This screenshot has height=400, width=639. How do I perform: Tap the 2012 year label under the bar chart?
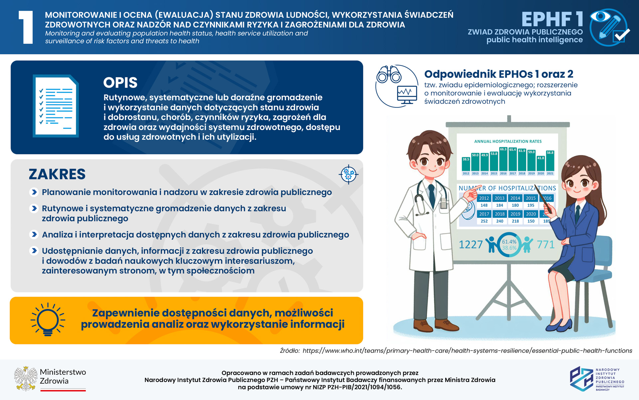click(466, 173)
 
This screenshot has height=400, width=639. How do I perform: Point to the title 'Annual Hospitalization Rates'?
click(508, 141)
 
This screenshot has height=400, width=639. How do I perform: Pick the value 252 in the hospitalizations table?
click(484, 221)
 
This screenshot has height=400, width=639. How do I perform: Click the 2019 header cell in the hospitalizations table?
click(515, 214)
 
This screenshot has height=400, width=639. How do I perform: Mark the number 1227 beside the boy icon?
click(471, 245)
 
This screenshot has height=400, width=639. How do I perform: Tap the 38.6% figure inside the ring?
click(509, 248)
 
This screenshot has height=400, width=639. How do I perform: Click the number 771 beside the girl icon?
click(546, 245)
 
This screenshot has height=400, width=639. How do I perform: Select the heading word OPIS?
click(120, 83)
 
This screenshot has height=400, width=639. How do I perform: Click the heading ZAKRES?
click(57, 174)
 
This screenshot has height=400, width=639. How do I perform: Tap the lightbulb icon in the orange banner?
click(48, 319)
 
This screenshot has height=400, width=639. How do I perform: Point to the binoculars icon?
click(389, 74)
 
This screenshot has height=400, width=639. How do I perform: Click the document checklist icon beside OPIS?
click(56, 106)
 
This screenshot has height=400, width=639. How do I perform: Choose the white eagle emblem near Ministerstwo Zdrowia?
click(26, 379)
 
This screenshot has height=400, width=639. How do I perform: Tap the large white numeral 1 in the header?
click(26, 27)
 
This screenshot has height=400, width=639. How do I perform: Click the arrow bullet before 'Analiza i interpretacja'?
click(34, 234)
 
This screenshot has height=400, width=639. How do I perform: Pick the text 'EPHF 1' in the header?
click(552, 19)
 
